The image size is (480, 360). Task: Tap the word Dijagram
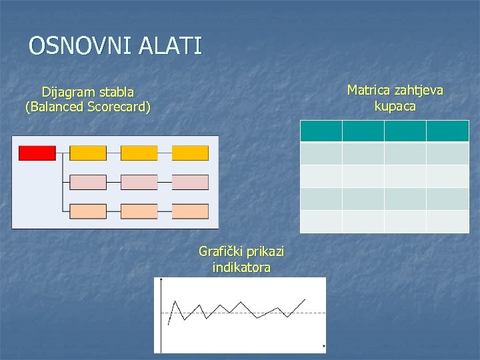(x=69, y=92)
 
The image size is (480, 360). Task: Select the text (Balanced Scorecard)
(x=88, y=107)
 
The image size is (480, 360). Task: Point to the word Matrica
(x=370, y=91)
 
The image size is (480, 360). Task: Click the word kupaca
(x=395, y=106)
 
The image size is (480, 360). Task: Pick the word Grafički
(x=221, y=252)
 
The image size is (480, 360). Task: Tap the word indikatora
(x=241, y=267)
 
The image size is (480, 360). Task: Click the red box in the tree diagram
(x=37, y=153)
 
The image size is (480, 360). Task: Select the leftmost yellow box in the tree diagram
(x=88, y=153)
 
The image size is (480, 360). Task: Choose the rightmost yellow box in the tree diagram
(x=190, y=153)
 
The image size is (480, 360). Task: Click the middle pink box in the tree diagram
(x=139, y=182)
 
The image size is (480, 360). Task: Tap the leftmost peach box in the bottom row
(x=88, y=211)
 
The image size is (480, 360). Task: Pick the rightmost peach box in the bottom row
(x=190, y=211)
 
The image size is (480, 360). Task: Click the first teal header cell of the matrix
(x=321, y=131)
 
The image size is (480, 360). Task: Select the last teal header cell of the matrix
(x=448, y=131)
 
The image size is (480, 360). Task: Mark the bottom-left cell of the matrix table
(x=321, y=221)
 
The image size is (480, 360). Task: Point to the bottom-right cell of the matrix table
(x=448, y=221)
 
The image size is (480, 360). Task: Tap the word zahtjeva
(x=418, y=91)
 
